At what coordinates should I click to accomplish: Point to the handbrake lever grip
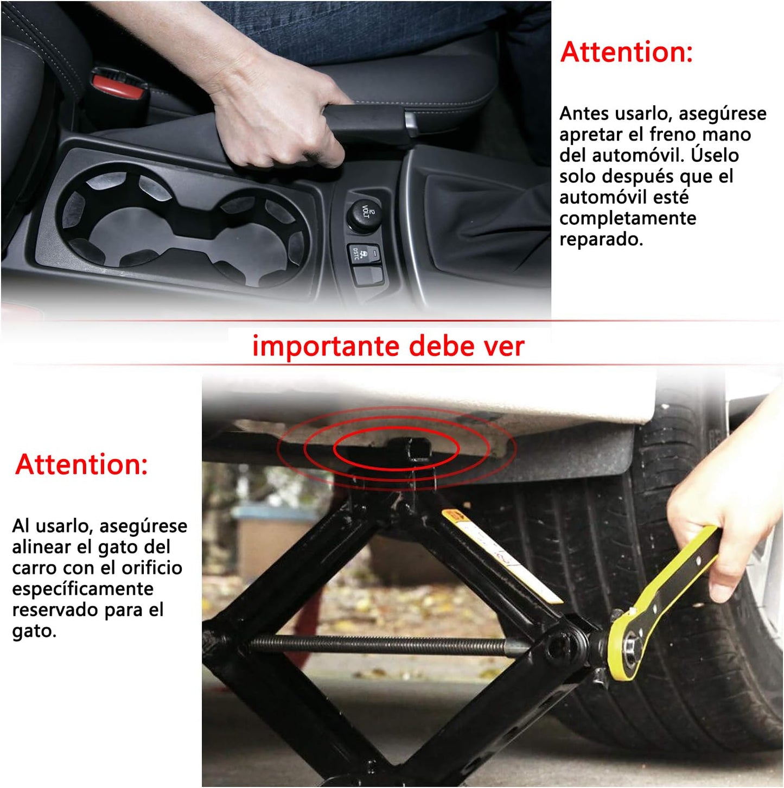[368, 120]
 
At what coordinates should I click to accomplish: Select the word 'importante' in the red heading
[326, 346]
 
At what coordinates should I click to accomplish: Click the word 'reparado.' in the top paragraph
[601, 239]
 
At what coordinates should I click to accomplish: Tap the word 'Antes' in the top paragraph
[584, 113]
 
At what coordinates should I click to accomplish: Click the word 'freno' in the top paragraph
[672, 134]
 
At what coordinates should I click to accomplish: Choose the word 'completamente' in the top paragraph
[628, 218]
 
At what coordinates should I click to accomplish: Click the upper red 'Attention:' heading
[627, 52]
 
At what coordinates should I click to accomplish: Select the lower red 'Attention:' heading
[81, 465]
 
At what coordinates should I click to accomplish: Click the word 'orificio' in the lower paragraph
[152, 568]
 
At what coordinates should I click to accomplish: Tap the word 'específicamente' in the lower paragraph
[83, 589]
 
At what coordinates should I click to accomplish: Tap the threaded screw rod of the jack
[380, 644]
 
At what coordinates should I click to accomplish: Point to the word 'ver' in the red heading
[505, 346]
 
